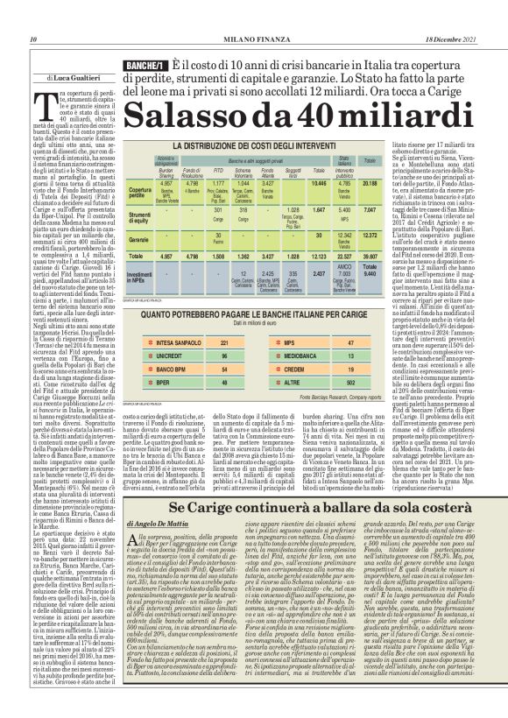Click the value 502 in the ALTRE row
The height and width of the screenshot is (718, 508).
pyautogui.click(x=376, y=383)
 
